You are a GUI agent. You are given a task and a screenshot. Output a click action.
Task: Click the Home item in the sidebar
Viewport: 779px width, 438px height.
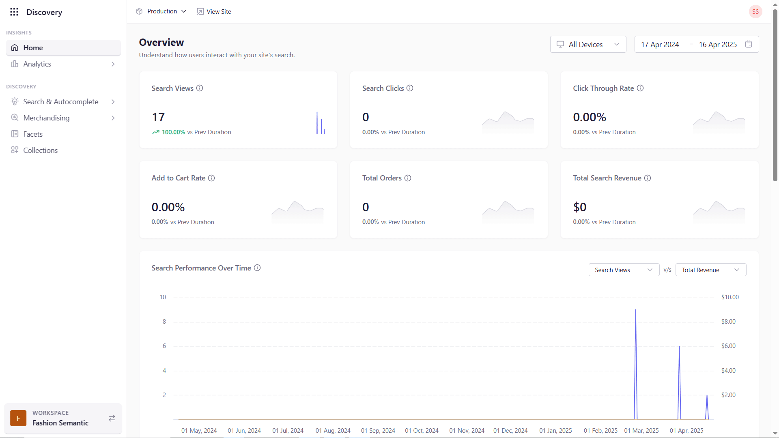(x=33, y=48)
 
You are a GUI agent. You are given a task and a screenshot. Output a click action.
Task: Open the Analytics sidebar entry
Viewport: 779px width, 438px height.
(x=37, y=64)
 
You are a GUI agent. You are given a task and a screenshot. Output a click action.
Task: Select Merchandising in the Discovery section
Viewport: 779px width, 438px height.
(x=46, y=118)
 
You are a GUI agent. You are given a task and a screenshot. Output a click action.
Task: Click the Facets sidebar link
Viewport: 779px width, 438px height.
(x=33, y=134)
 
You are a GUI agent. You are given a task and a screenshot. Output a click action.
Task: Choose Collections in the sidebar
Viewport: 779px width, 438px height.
(x=40, y=150)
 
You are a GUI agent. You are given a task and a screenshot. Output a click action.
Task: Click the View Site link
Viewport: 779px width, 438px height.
(x=214, y=11)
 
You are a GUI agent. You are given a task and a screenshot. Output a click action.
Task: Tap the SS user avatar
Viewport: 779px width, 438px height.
(x=755, y=12)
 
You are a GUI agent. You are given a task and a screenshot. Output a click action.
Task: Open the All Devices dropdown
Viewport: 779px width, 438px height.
(x=588, y=45)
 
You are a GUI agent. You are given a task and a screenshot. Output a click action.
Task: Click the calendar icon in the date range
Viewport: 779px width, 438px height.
(x=749, y=44)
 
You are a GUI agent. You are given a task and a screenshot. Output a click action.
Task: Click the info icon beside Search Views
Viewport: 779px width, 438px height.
(x=200, y=88)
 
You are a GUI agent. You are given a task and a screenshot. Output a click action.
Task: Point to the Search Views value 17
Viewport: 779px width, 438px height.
(x=158, y=117)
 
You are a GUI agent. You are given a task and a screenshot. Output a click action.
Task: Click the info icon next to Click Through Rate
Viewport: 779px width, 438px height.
(x=640, y=88)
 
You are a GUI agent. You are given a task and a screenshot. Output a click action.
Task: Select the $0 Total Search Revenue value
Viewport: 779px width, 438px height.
(x=579, y=207)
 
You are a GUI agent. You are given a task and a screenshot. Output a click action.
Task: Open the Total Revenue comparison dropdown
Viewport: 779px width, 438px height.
(x=710, y=270)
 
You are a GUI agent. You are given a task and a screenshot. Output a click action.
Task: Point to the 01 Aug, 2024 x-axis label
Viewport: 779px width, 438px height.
(x=333, y=431)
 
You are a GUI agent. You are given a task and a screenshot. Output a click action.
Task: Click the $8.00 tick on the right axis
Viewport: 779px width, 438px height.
(x=728, y=322)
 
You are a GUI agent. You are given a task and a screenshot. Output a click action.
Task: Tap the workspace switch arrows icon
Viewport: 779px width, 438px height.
(x=112, y=418)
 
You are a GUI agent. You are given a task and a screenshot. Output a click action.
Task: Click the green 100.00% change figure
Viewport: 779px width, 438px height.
(x=173, y=132)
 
